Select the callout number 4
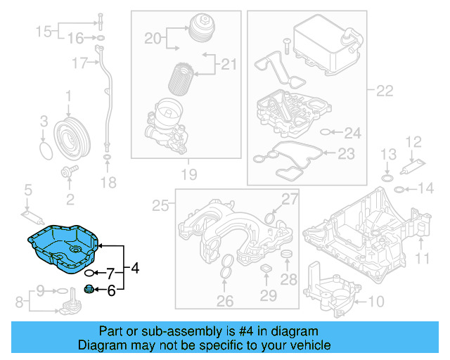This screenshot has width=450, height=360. (135, 268)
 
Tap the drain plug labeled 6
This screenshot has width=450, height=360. (89, 289)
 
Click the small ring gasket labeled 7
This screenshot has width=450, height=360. (90, 272)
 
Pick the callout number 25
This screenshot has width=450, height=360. (161, 205)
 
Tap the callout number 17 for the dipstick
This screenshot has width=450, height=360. (79, 64)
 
